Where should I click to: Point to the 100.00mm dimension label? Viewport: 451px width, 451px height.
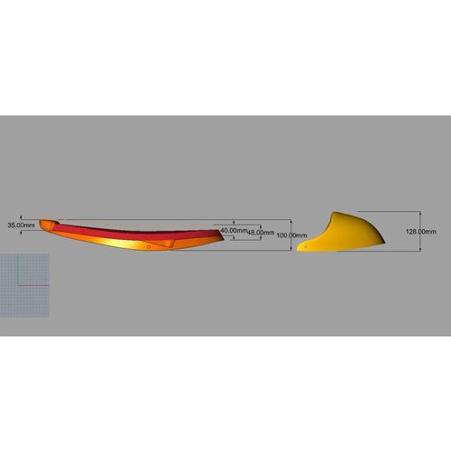click(289, 235)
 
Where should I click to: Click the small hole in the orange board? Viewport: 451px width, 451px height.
click(148, 244)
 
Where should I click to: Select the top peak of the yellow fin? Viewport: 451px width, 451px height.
click(336, 214)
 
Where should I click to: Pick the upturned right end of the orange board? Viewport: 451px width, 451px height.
click(220, 232)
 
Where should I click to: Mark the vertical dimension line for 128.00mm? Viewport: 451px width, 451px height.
click(402, 231)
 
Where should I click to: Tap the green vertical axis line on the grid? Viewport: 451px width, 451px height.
click(19, 271)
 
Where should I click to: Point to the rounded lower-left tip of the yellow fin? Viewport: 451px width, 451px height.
click(299, 248)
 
